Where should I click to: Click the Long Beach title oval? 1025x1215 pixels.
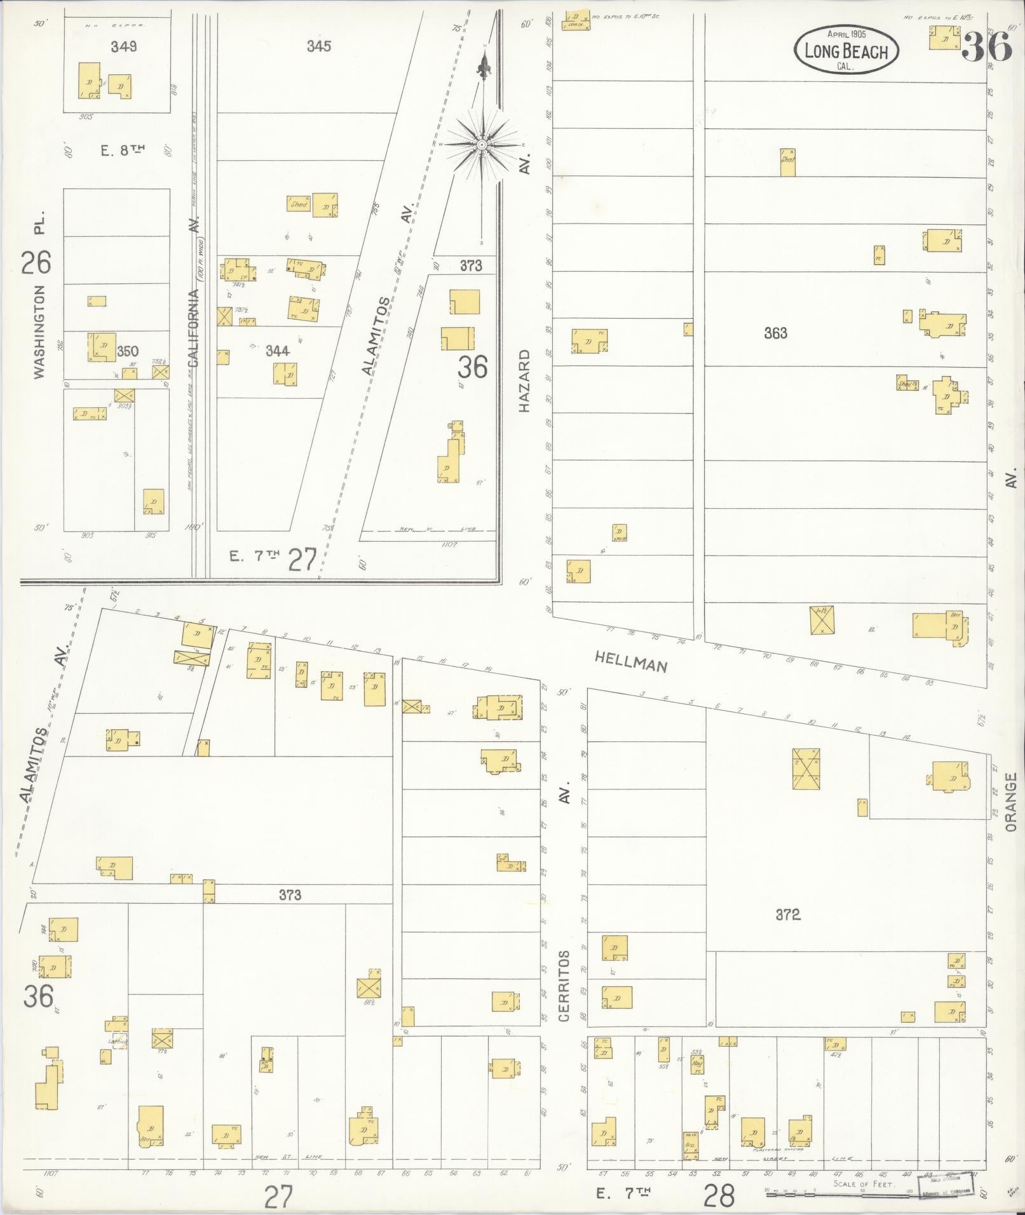[845, 51]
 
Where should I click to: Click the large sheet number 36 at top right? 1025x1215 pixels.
[986, 46]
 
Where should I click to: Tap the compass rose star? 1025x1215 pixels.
[482, 145]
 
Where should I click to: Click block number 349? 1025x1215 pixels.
[123, 46]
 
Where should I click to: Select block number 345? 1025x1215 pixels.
[318, 46]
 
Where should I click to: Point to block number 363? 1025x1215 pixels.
[775, 333]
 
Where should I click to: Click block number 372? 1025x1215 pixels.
[787, 915]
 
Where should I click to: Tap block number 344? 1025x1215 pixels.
[278, 351]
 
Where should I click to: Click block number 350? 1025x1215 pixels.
[127, 351]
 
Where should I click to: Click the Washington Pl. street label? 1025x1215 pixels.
[39, 299]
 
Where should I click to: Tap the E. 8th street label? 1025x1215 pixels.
[123, 150]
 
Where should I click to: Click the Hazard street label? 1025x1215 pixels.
[524, 381]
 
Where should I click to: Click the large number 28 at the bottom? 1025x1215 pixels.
[719, 1196]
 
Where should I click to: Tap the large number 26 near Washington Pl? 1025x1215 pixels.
[36, 262]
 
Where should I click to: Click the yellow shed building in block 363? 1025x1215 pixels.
[787, 162]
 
